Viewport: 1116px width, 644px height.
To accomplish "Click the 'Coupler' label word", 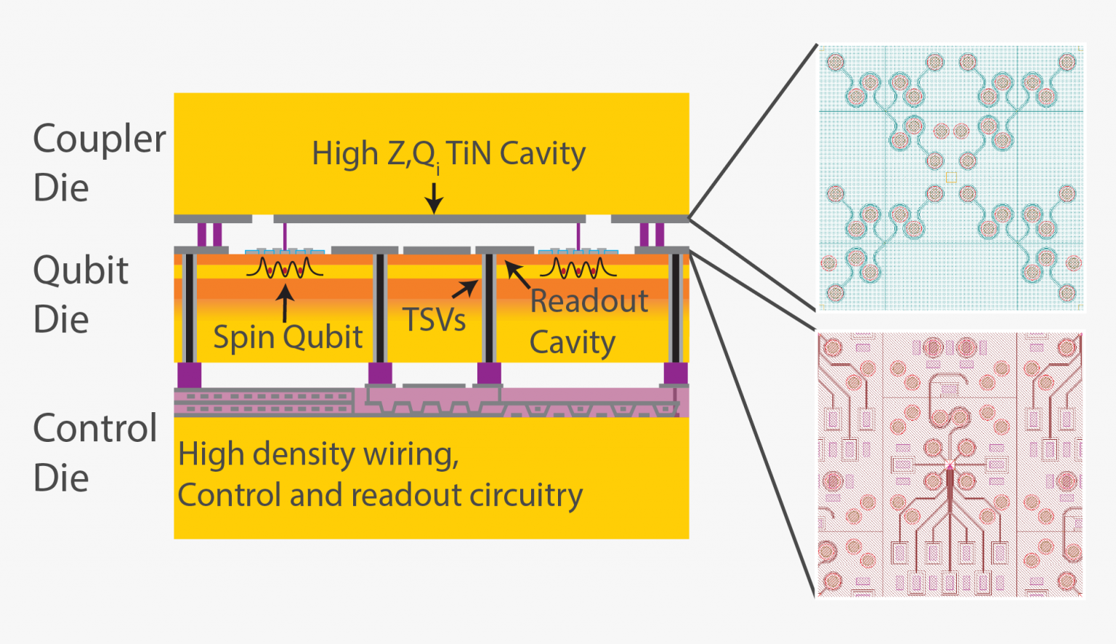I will pyautogui.click(x=100, y=139).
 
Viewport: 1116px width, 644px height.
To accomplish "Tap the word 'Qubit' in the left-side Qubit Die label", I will pyautogui.click(x=81, y=270).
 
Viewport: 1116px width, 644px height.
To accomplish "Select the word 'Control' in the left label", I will pyautogui.click(x=95, y=428).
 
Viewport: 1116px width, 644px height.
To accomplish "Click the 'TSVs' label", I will pyautogui.click(x=434, y=320).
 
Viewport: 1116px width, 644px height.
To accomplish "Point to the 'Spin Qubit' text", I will pyautogui.click(x=288, y=337).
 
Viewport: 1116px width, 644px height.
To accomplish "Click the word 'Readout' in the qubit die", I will pyautogui.click(x=589, y=301).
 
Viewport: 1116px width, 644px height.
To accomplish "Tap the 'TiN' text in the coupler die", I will pyautogui.click(x=469, y=153).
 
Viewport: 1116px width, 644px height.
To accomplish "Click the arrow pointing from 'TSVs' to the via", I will pyautogui.click(x=465, y=289).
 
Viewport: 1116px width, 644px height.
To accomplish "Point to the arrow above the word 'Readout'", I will pyautogui.click(x=517, y=275).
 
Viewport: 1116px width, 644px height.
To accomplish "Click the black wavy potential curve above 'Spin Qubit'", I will pyautogui.click(x=285, y=268).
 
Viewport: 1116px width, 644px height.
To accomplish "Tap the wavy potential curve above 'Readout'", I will pyautogui.click(x=578, y=268).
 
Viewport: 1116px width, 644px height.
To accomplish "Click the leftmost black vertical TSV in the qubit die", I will pyautogui.click(x=190, y=308).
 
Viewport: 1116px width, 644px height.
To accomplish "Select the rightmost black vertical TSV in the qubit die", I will pyautogui.click(x=676, y=308).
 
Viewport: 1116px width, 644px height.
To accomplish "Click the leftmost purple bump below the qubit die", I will pyautogui.click(x=189, y=375).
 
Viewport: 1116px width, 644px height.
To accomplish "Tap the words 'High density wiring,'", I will pyautogui.click(x=318, y=454).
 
